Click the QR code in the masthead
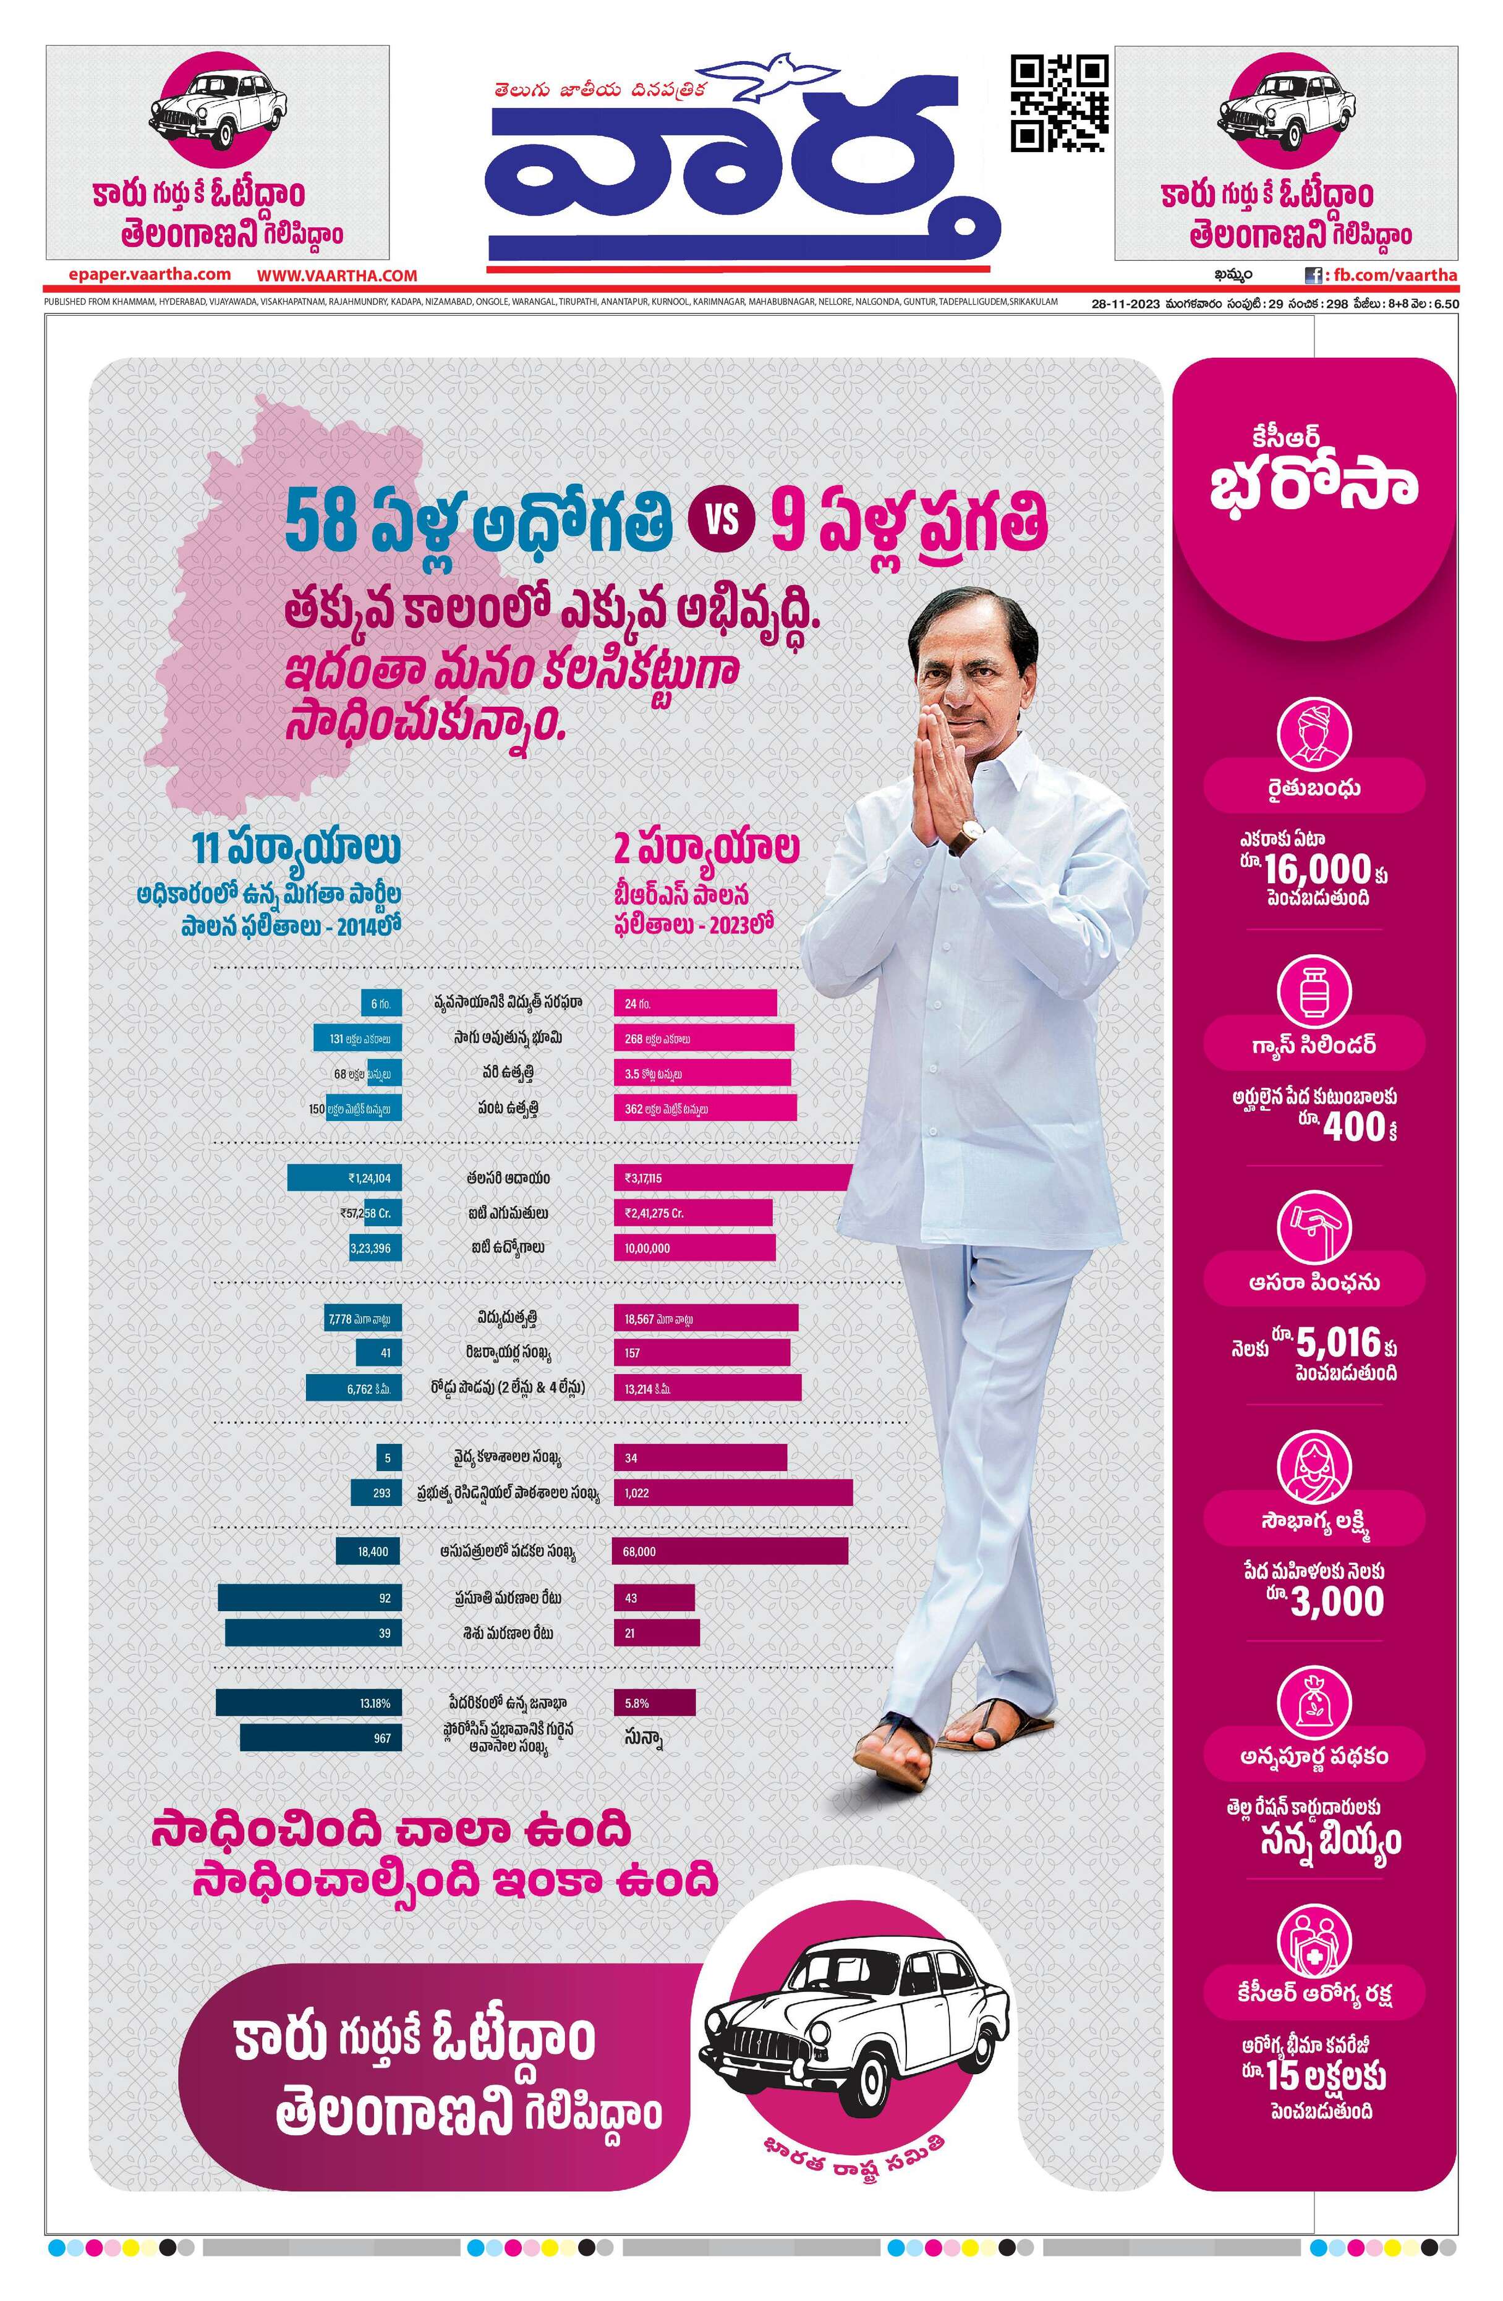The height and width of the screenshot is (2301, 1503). [1059, 103]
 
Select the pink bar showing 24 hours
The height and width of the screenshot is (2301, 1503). [694, 1002]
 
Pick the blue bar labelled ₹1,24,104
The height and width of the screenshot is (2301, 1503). [344, 1177]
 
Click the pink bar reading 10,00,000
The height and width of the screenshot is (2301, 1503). [694, 1247]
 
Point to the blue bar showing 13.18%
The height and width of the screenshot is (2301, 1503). [309, 1703]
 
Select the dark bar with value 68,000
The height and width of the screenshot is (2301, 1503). [730, 1551]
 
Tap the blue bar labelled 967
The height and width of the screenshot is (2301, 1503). [320, 1737]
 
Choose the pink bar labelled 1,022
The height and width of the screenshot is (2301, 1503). [732, 1493]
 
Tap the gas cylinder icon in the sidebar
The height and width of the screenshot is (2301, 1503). [1313, 990]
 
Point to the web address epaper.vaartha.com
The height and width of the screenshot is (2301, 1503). [150, 274]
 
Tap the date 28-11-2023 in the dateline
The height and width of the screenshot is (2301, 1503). [1125, 303]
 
